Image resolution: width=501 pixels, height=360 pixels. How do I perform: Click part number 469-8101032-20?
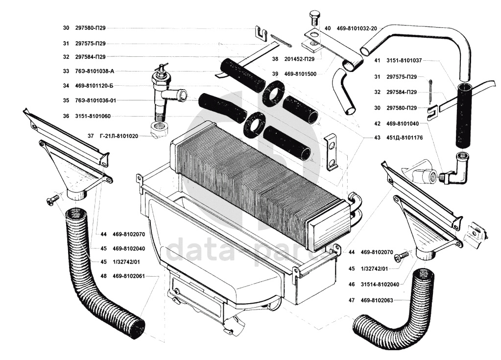click(x=357, y=28)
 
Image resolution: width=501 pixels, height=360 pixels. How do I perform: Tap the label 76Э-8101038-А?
click(x=95, y=71)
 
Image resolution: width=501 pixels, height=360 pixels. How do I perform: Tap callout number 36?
click(x=66, y=116)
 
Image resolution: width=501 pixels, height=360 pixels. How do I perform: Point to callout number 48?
click(x=104, y=276)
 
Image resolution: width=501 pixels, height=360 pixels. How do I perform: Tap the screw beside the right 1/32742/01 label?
click(x=403, y=256)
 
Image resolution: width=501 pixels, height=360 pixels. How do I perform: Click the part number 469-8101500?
click(x=300, y=74)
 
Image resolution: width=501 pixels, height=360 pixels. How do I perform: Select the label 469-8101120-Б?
click(x=95, y=86)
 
